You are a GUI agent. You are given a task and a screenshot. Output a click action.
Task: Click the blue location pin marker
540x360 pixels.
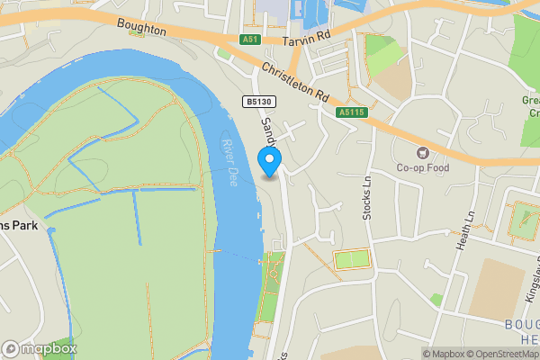(x=269, y=161)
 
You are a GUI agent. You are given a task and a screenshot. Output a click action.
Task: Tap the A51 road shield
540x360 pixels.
(x=250, y=40)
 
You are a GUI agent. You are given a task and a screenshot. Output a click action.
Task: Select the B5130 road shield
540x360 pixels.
(x=256, y=103)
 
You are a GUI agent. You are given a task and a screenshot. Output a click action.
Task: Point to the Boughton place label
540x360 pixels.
(x=141, y=30)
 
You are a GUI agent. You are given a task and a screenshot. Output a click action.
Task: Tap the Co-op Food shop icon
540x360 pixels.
(x=419, y=150)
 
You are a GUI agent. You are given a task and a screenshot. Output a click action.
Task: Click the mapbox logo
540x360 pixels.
(x=40, y=348)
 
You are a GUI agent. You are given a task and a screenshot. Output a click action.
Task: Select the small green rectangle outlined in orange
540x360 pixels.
(x=351, y=259)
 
